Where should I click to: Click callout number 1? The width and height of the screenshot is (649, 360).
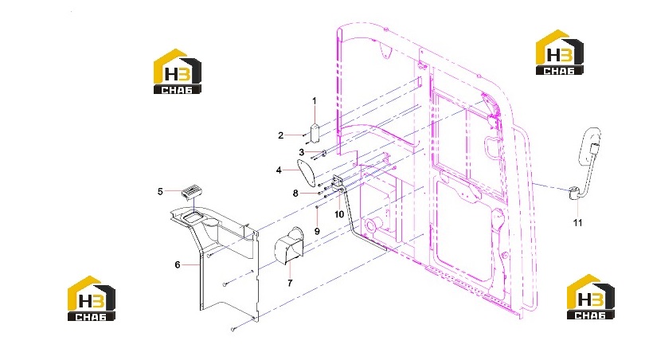point(315,101)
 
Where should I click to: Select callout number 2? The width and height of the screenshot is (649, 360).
point(280,135)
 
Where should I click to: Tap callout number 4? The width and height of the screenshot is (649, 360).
point(279,170)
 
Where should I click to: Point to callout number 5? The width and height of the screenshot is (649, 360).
point(160,192)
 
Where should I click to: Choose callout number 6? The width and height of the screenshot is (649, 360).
point(177,265)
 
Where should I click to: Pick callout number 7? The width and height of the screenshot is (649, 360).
point(290,283)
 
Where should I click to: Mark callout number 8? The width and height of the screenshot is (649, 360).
point(295,194)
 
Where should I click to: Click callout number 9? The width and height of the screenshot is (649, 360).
point(317,231)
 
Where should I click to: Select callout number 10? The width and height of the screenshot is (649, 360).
point(339,214)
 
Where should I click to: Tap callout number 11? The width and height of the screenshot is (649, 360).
point(577,223)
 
